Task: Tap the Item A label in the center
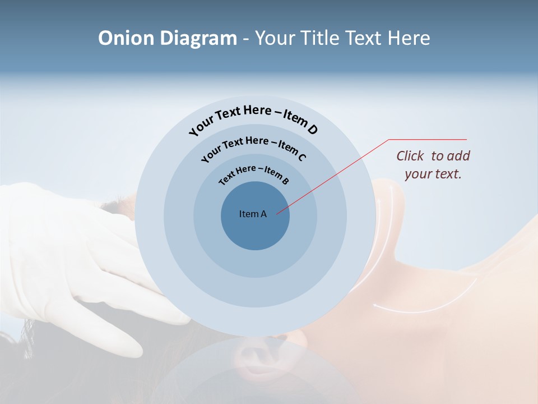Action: pyautogui.click(x=253, y=214)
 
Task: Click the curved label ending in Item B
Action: pyautogui.click(x=254, y=174)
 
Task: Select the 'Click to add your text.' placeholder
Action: pyautogui.click(x=433, y=164)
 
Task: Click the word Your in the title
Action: pyautogui.click(x=275, y=38)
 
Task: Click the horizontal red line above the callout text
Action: pyautogui.click(x=428, y=139)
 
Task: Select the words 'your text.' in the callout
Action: pyautogui.click(x=433, y=173)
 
